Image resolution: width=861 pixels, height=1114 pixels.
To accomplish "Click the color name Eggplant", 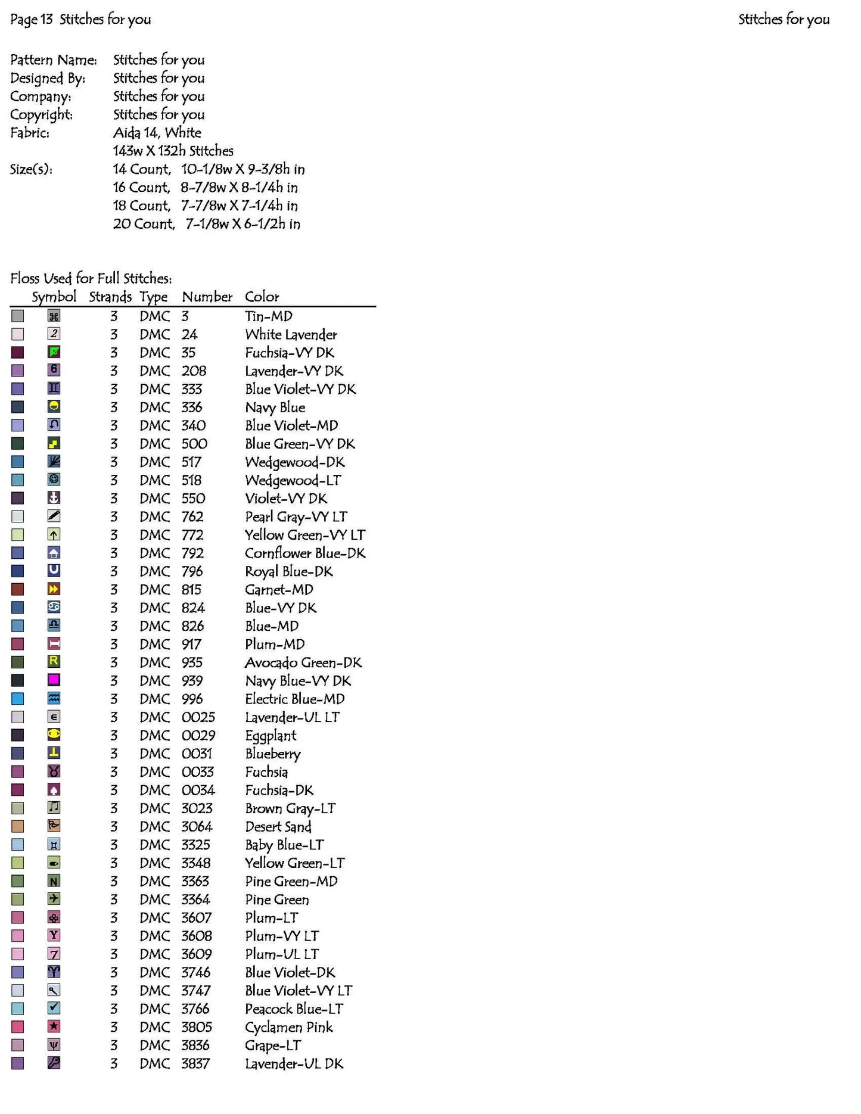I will coord(271,736).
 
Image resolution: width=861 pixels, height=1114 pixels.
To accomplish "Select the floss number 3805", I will coord(197,1027).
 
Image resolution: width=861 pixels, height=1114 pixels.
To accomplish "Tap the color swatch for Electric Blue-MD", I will coord(18,699).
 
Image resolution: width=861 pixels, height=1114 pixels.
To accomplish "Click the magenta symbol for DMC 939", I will coord(54,680).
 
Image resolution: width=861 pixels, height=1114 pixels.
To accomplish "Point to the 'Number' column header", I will coord(207,297).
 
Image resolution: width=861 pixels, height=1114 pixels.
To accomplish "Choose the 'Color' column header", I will coord(262,297).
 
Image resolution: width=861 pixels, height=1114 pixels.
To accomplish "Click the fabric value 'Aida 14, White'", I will coord(157,132).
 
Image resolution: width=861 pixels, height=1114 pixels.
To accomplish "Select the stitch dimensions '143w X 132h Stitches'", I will coord(173,151).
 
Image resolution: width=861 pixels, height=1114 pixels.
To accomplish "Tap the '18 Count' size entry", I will coord(141,206).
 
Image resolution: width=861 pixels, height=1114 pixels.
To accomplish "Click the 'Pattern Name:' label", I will coord(53,60).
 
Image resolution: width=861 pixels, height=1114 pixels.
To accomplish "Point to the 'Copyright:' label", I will coord(41,114).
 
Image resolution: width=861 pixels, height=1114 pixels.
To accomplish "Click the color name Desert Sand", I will coord(278,827).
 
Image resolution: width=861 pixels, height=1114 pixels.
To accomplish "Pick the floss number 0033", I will coord(197,772).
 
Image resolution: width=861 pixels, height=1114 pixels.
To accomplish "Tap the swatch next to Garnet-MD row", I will coord(18,589).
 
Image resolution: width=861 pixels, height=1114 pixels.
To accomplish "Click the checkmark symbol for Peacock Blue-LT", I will coord(54,1008).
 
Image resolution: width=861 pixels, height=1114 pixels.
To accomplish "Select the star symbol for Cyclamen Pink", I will coord(54,1026).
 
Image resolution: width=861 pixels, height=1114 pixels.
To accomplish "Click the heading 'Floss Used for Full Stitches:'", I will coord(91,278).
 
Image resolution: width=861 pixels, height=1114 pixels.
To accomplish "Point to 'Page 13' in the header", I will coord(31,19).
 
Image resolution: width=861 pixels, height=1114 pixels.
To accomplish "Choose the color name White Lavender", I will coord(291,335).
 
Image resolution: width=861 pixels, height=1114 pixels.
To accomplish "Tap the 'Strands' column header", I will coord(110,297).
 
